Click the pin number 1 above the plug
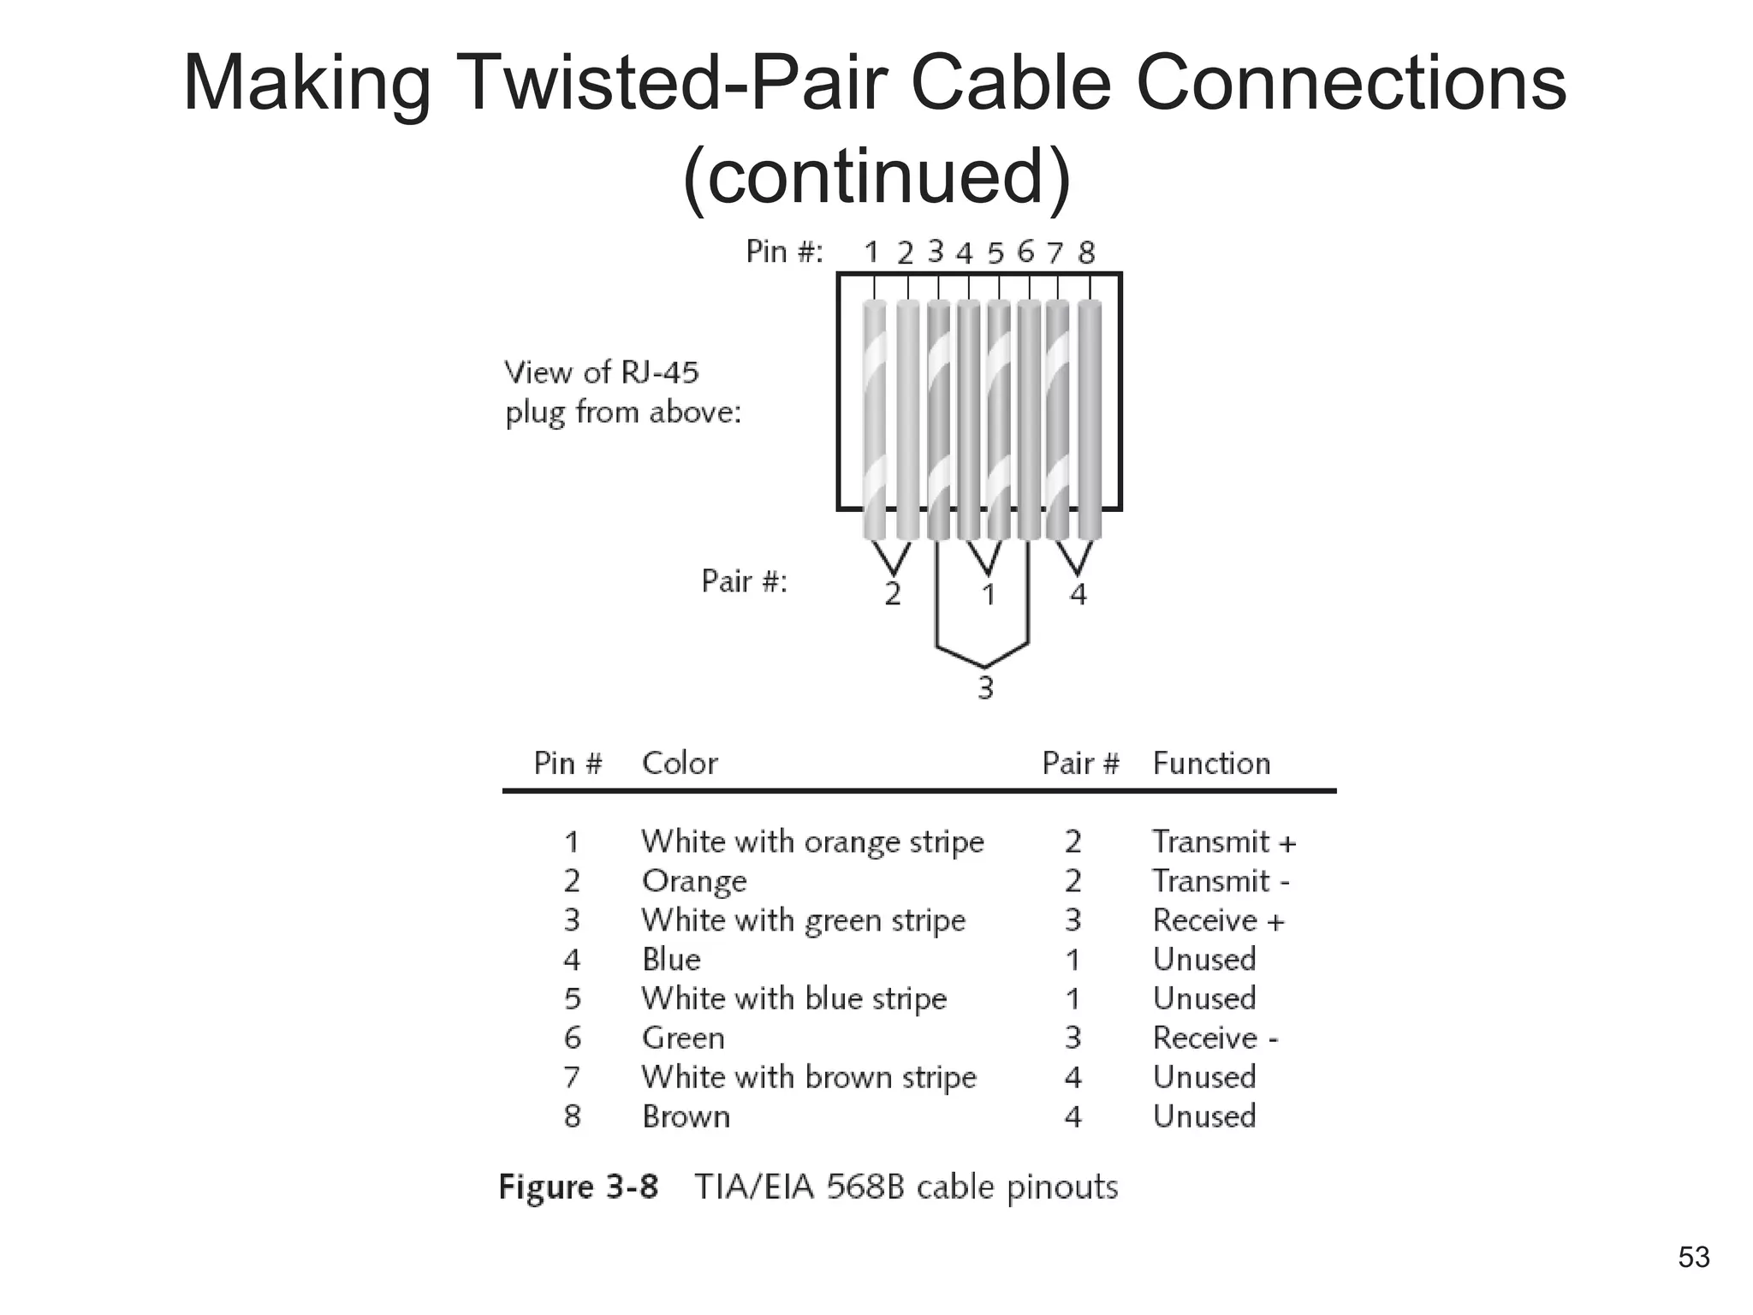[871, 253]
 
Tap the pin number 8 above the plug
[1086, 253]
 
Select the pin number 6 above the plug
[1025, 252]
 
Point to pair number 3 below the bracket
[985, 687]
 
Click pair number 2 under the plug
[893, 593]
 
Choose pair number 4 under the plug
[1079, 593]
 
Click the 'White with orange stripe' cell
[812, 842]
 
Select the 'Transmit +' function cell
[1224, 842]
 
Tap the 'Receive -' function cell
[1215, 1038]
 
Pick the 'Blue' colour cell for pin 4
[671, 959]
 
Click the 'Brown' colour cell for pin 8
[686, 1116]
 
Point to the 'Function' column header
[1211, 763]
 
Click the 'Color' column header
[680, 763]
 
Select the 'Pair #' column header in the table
[1080, 763]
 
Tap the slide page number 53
[1694, 1257]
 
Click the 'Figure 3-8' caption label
[579, 1187]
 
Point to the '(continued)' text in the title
[876, 176]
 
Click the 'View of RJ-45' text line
[602, 372]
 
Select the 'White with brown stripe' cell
[809, 1077]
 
